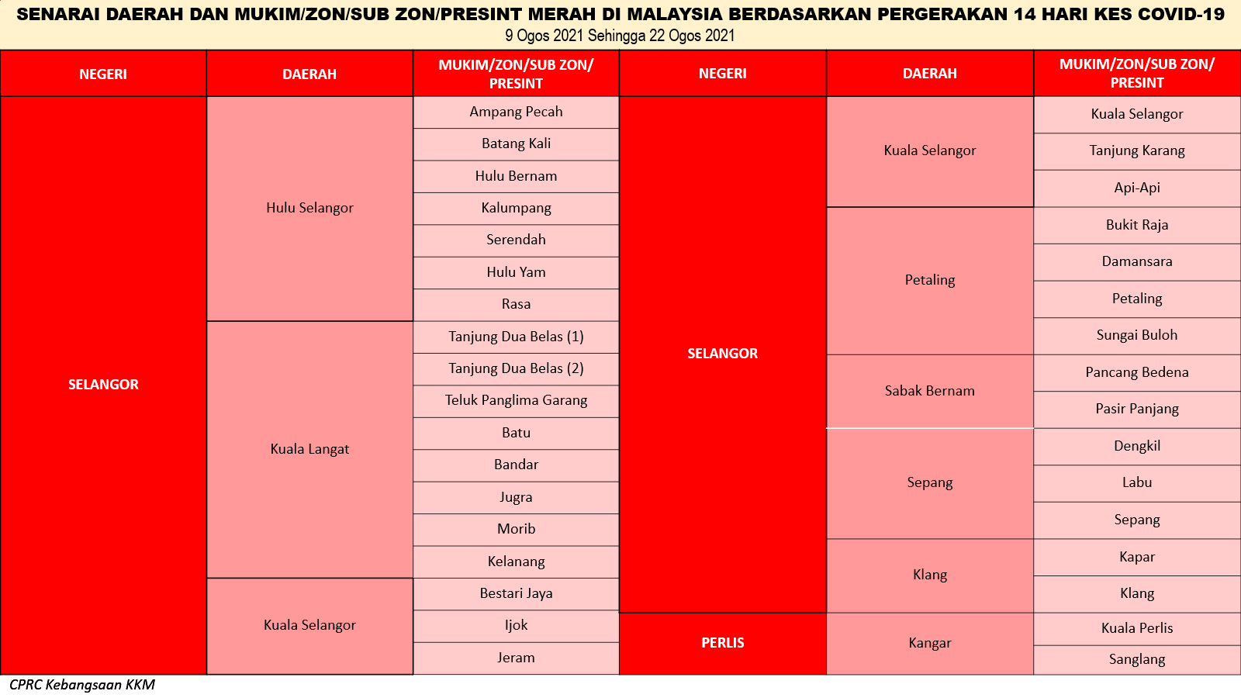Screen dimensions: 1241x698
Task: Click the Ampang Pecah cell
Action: click(516, 112)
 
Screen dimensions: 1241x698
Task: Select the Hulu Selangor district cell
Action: click(309, 209)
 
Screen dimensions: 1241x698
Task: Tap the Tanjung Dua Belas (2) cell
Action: click(516, 369)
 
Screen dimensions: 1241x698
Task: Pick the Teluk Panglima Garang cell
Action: click(516, 401)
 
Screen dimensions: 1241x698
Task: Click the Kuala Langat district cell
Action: click(309, 449)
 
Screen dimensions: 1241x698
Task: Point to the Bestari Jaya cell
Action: click(516, 594)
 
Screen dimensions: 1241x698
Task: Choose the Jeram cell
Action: click(516, 658)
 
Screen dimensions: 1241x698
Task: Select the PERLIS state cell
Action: click(722, 644)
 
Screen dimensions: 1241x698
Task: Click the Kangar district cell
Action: click(930, 644)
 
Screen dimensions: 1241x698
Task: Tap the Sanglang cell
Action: click(1137, 660)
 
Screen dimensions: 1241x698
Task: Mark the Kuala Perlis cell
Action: click(1137, 629)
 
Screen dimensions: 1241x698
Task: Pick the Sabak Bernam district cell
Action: click(930, 391)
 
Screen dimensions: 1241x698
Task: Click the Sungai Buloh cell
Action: click(1137, 336)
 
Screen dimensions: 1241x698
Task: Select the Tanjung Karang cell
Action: click(1137, 151)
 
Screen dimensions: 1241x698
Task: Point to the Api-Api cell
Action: click(1137, 188)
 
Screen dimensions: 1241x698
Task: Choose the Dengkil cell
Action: click(1137, 447)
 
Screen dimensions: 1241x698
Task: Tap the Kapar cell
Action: click(1137, 558)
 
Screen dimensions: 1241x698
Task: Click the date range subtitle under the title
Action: click(620, 36)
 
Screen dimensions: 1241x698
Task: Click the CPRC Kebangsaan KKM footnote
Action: click(82, 686)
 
